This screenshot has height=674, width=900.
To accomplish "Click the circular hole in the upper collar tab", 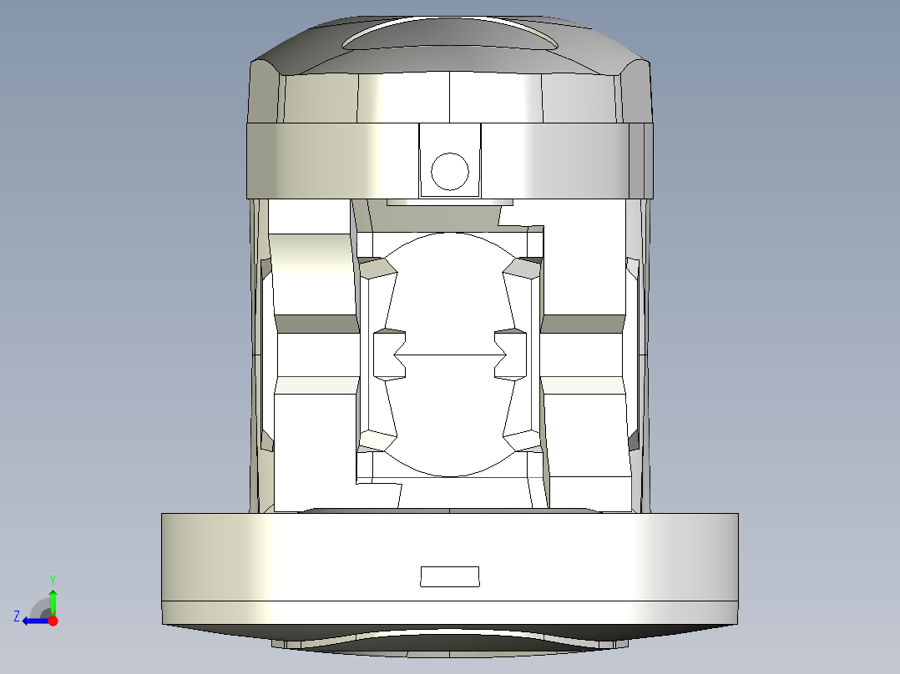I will point(450,172).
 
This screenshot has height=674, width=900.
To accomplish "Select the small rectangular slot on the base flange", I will point(450,576).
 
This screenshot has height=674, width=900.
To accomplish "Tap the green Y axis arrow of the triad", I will point(53,598).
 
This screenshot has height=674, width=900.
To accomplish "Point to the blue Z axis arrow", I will point(33,620).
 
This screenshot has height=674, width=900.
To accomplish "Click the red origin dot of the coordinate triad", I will point(53,621).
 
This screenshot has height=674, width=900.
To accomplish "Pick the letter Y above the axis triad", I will point(53,579).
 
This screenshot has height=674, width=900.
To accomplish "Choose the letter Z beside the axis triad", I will point(17,616).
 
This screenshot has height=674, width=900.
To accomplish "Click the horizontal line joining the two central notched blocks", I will point(450,355).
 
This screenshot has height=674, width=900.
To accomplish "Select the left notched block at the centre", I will point(389,354).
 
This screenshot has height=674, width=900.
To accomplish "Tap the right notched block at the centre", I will point(511,354).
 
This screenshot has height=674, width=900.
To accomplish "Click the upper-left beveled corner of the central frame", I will point(377,268).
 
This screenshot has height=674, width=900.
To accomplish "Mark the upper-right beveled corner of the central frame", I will point(523,268).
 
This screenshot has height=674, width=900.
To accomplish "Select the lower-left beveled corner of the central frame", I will point(377,441).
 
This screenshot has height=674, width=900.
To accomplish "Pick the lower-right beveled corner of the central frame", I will point(523,441).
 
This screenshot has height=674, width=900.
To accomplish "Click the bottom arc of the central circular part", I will point(450,473).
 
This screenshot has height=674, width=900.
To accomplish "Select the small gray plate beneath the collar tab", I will point(450,202).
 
